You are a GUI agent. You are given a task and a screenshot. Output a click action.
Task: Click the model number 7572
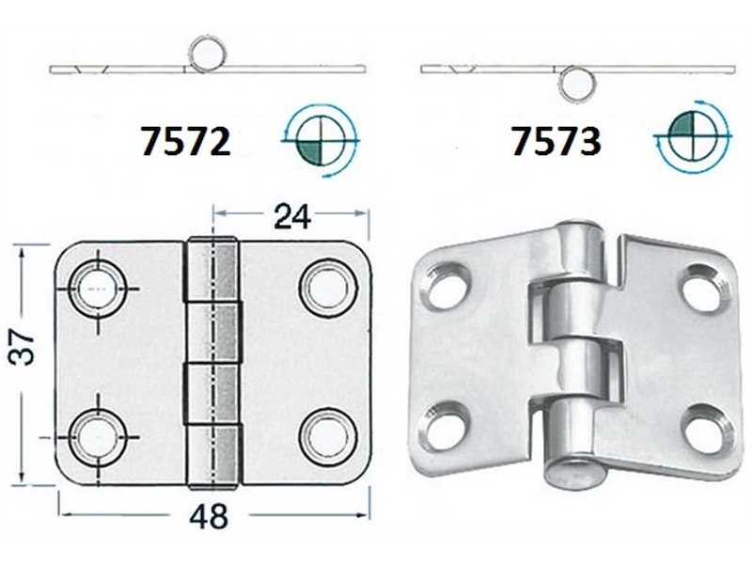tap(184, 141)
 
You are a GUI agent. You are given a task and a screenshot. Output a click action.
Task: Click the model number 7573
tap(556, 141)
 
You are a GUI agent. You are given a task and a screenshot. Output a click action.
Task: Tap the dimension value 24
tap(293, 217)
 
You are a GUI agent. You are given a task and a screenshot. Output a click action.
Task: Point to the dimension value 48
tap(212, 517)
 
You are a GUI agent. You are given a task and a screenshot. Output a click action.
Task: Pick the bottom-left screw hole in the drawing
tap(97, 433)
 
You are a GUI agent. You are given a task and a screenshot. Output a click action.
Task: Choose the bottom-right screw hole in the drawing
tap(321, 433)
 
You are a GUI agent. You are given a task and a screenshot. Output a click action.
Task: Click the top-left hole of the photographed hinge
tap(446, 286)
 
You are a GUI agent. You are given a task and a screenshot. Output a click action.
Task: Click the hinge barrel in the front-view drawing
tap(211, 362)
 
